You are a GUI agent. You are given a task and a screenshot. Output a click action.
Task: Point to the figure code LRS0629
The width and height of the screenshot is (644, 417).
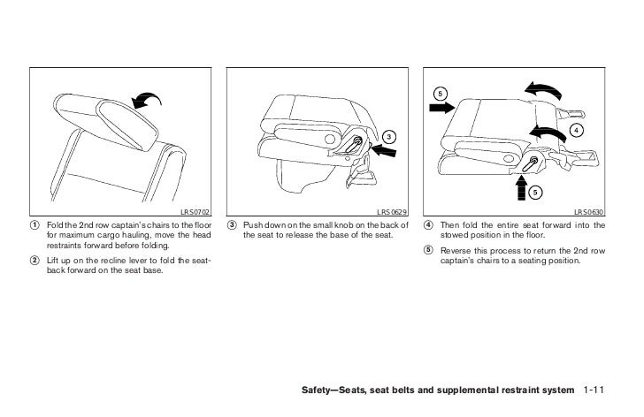point(393,212)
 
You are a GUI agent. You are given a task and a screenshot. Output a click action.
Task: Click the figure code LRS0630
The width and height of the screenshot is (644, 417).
point(590,212)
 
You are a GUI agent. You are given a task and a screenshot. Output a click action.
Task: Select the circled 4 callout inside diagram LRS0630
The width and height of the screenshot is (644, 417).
point(576,131)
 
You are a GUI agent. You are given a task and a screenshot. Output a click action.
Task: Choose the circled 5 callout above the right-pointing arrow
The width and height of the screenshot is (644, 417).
point(440,92)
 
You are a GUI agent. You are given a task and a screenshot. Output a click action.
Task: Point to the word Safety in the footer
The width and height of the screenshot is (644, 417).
point(318,390)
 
